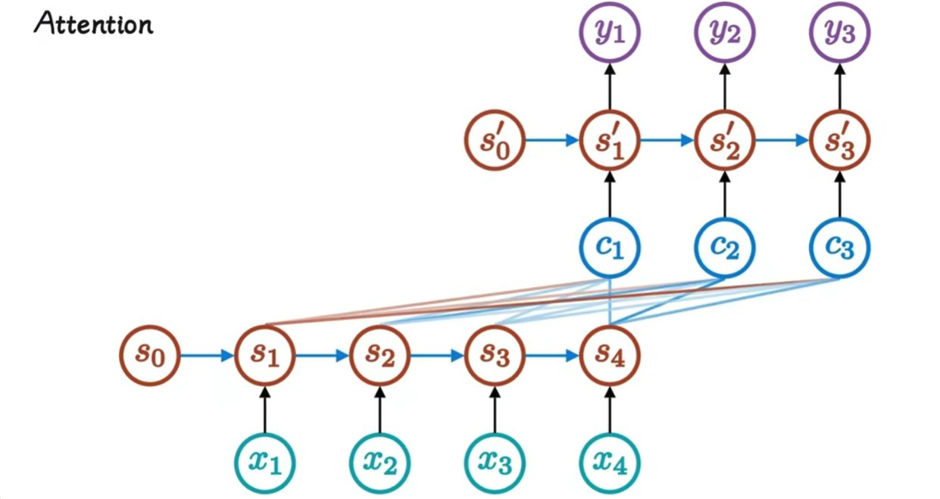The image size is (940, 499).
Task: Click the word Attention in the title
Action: point(93,25)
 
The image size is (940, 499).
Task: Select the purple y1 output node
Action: point(611,34)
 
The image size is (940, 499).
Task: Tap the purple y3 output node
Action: point(839,34)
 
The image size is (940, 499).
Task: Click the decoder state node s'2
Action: point(725,140)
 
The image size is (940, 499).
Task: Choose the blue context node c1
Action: point(611,247)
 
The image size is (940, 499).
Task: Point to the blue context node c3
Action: point(839,247)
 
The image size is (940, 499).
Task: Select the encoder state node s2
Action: point(379,354)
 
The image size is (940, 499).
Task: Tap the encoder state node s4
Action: point(609,354)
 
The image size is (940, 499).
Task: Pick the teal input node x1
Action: point(264,460)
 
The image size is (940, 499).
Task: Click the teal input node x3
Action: point(494,460)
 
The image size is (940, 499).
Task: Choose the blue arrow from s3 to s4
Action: point(551,354)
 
